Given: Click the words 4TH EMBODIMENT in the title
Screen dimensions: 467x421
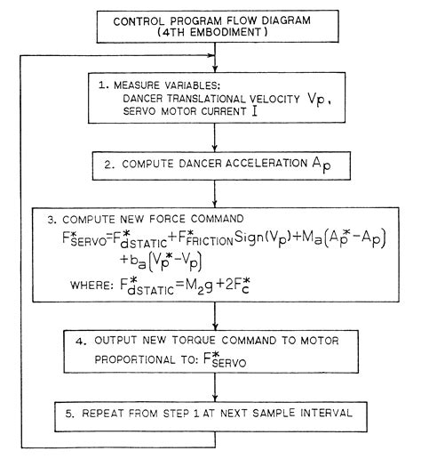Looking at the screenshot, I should (211, 34).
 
